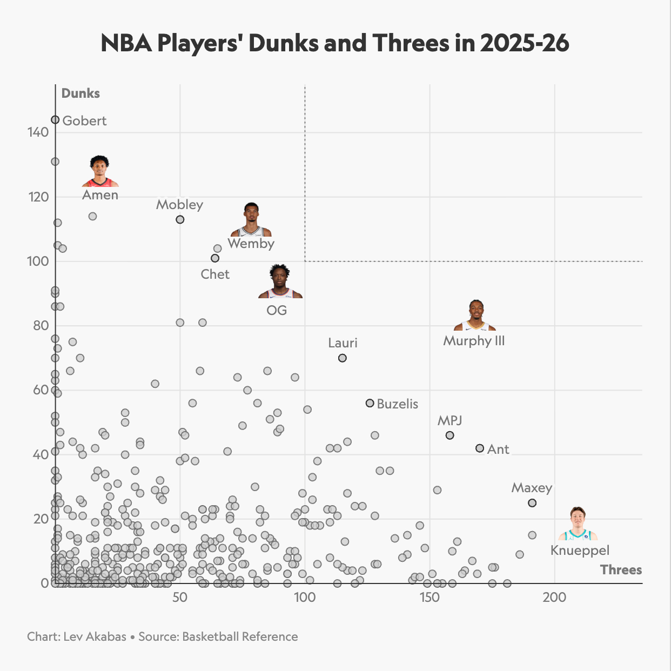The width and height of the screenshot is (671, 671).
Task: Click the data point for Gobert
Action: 55,119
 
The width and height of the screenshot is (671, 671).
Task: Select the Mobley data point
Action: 180,219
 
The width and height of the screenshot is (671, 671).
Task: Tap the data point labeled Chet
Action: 215,258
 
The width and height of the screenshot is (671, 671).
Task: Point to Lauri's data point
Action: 342,358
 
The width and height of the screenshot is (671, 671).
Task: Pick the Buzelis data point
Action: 370,403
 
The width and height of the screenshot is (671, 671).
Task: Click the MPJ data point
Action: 449,435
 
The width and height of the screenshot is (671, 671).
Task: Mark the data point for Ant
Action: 479,448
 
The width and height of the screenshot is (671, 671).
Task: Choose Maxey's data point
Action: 532,503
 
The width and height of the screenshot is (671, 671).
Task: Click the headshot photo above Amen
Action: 100,171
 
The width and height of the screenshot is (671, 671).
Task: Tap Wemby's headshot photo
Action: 251,220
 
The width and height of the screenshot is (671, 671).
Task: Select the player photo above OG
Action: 280,282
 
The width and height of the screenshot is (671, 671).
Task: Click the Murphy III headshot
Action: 475,316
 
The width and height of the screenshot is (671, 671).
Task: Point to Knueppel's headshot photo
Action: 578,524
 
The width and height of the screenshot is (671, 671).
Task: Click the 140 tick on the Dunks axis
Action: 38,132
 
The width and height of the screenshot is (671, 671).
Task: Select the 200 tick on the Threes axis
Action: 554,598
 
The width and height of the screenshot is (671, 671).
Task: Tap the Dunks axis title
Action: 80,93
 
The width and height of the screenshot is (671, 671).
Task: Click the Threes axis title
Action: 621,570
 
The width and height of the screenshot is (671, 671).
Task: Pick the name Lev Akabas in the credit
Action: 95,636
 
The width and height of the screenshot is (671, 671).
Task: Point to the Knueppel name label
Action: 580,551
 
